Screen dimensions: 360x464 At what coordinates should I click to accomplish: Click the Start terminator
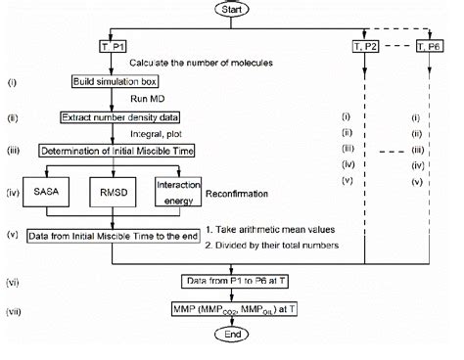[x=231, y=10]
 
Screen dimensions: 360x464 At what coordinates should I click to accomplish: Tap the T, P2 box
[x=367, y=47]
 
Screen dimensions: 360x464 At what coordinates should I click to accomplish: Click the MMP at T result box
[x=231, y=310]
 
